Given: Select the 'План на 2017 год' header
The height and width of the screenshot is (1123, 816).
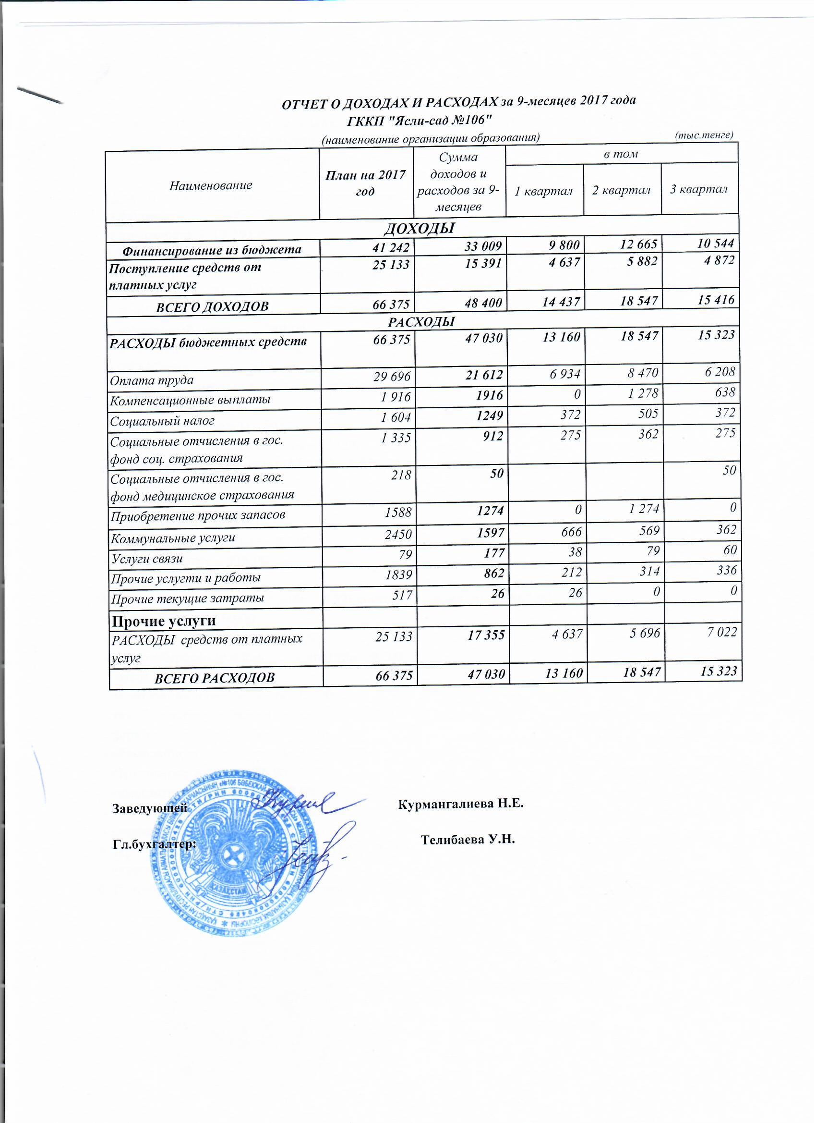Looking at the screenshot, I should [x=365, y=183].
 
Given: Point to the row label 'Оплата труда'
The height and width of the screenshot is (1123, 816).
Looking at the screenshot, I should [x=152, y=380].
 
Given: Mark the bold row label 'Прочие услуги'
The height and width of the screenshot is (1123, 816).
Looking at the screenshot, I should [x=164, y=621].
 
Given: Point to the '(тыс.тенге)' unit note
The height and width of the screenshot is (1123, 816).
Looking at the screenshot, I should [x=704, y=134].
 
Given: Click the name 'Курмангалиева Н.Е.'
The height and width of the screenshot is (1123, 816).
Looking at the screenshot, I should [x=461, y=804].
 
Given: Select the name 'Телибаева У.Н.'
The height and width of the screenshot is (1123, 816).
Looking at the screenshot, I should [x=468, y=840].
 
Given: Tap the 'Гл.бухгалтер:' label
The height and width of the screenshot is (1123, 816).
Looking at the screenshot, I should [x=155, y=844].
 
